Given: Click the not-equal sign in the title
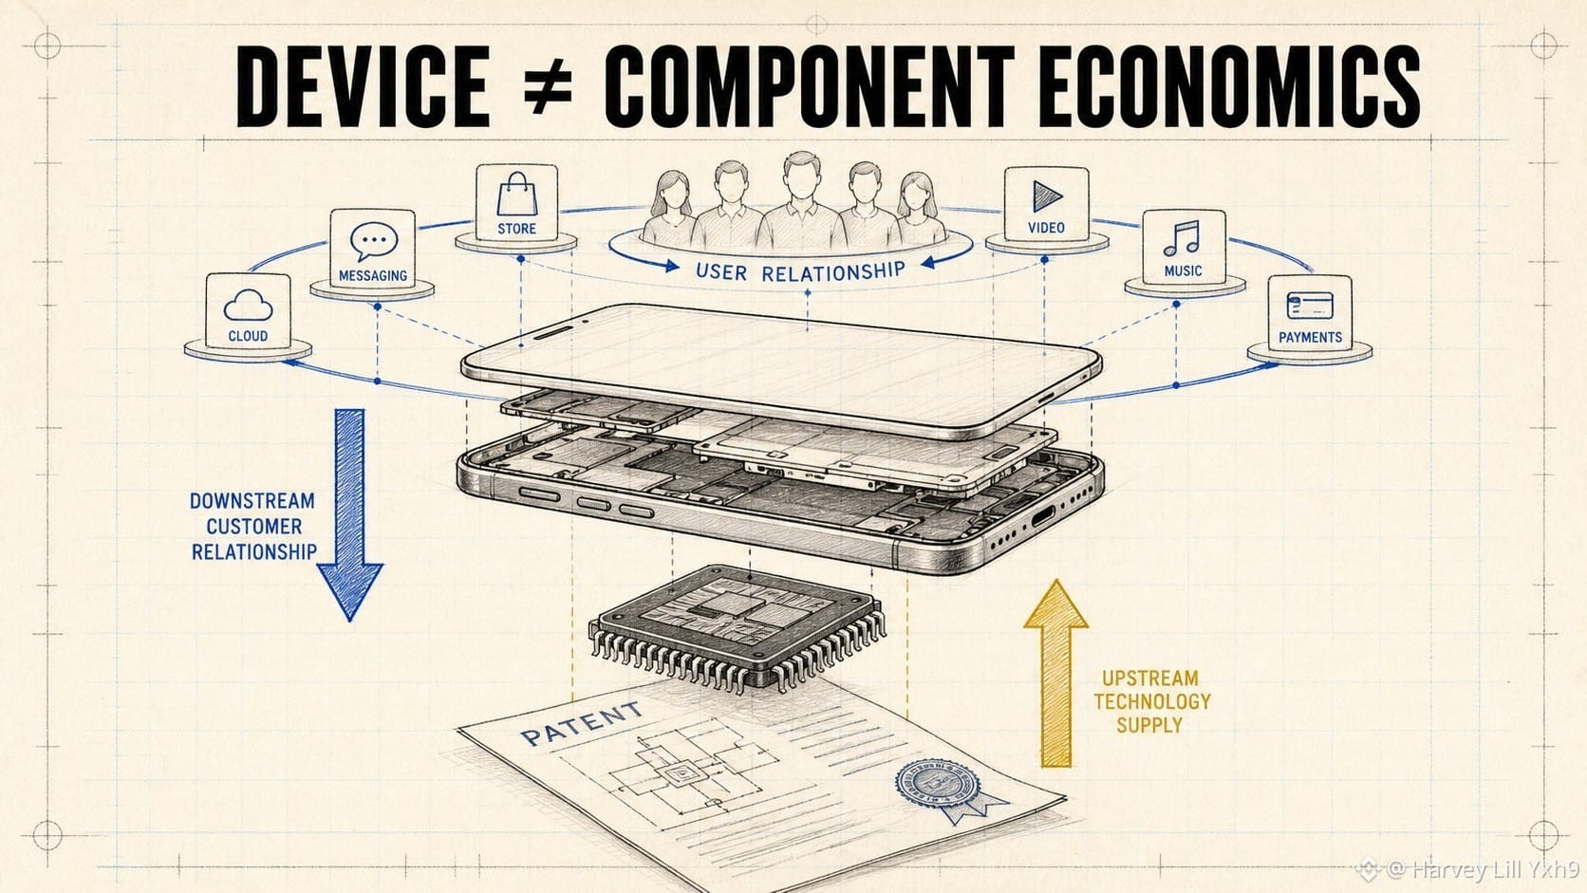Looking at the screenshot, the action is tap(545, 86).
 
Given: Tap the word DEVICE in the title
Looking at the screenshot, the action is tap(363, 86).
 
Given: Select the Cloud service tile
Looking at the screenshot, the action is tap(248, 310).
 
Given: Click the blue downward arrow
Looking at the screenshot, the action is tap(349, 515).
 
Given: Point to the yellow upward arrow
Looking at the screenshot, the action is tap(1055, 674).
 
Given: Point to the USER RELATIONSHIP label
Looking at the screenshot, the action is tap(800, 271).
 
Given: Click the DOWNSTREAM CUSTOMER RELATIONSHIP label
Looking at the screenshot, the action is tap(253, 526).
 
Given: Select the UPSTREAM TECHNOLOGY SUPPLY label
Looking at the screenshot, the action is tap(1151, 701).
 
